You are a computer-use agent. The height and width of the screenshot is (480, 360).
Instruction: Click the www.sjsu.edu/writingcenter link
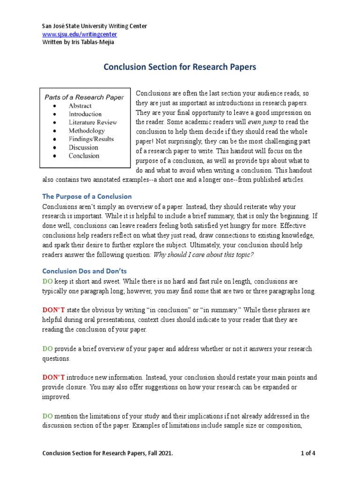pyautogui.click(x=80, y=34)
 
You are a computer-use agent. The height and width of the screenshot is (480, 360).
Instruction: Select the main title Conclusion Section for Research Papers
pyautogui.click(x=180, y=67)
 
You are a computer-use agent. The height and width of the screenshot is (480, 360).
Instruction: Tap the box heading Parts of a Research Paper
pyautogui.click(x=84, y=97)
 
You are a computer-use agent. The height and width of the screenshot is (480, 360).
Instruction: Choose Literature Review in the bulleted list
pyautogui.click(x=93, y=122)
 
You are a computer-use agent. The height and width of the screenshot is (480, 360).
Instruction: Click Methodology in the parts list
pyautogui.click(x=87, y=131)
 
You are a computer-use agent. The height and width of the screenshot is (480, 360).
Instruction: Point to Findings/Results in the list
pyautogui.click(x=91, y=139)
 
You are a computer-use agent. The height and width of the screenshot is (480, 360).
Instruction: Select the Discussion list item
pyautogui.click(x=84, y=148)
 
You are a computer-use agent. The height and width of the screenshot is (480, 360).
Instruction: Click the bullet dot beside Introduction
pyautogui.click(x=55, y=114)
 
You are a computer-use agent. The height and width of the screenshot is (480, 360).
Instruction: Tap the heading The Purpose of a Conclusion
pyautogui.click(x=87, y=196)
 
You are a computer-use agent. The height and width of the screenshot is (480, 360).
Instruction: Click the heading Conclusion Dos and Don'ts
pyautogui.click(x=84, y=271)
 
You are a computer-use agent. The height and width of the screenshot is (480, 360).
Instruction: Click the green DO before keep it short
pyautogui.click(x=48, y=281)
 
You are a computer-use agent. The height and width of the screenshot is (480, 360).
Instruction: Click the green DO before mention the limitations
pyautogui.click(x=48, y=416)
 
